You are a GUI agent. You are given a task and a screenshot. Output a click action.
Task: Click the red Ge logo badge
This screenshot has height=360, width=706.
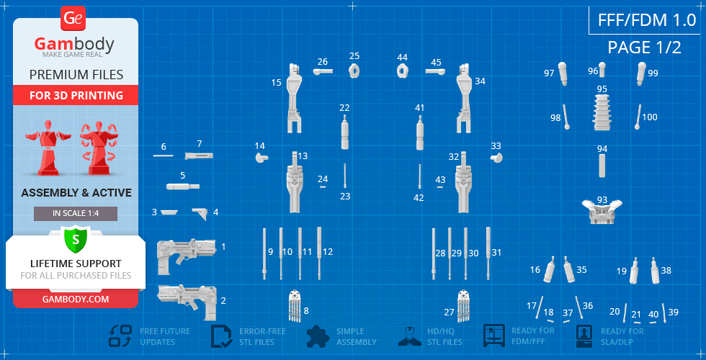coord(73,19)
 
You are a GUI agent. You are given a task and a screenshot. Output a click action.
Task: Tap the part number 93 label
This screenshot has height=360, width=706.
coord(602,199)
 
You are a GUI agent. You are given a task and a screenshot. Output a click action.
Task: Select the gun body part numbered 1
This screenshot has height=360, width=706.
coord(187,256)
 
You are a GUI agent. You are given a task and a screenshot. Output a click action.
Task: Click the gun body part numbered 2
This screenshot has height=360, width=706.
coord(187,301)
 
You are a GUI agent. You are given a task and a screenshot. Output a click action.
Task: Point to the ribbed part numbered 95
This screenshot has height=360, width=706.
coord(602,112)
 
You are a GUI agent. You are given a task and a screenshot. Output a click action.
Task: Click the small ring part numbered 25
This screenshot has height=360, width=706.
coord(354,71)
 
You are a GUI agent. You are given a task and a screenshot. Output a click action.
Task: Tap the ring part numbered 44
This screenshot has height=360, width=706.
coord(402,71)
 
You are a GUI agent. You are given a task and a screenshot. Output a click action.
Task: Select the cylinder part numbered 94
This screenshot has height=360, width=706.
coord(602,166)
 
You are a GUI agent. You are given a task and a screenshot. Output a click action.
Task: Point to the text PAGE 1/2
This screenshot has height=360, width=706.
coord(644,48)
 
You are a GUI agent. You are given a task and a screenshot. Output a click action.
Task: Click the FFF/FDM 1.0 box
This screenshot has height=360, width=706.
coord(647,20)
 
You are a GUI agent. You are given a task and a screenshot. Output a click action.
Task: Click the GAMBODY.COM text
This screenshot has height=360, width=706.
coord(75,300)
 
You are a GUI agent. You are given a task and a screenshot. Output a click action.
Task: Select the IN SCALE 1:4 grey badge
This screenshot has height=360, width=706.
coord(76,214)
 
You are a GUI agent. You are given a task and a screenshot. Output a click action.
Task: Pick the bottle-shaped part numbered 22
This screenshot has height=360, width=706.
coord(345,132)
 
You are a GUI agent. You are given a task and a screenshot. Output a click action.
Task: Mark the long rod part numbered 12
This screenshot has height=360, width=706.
coord(319,253)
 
